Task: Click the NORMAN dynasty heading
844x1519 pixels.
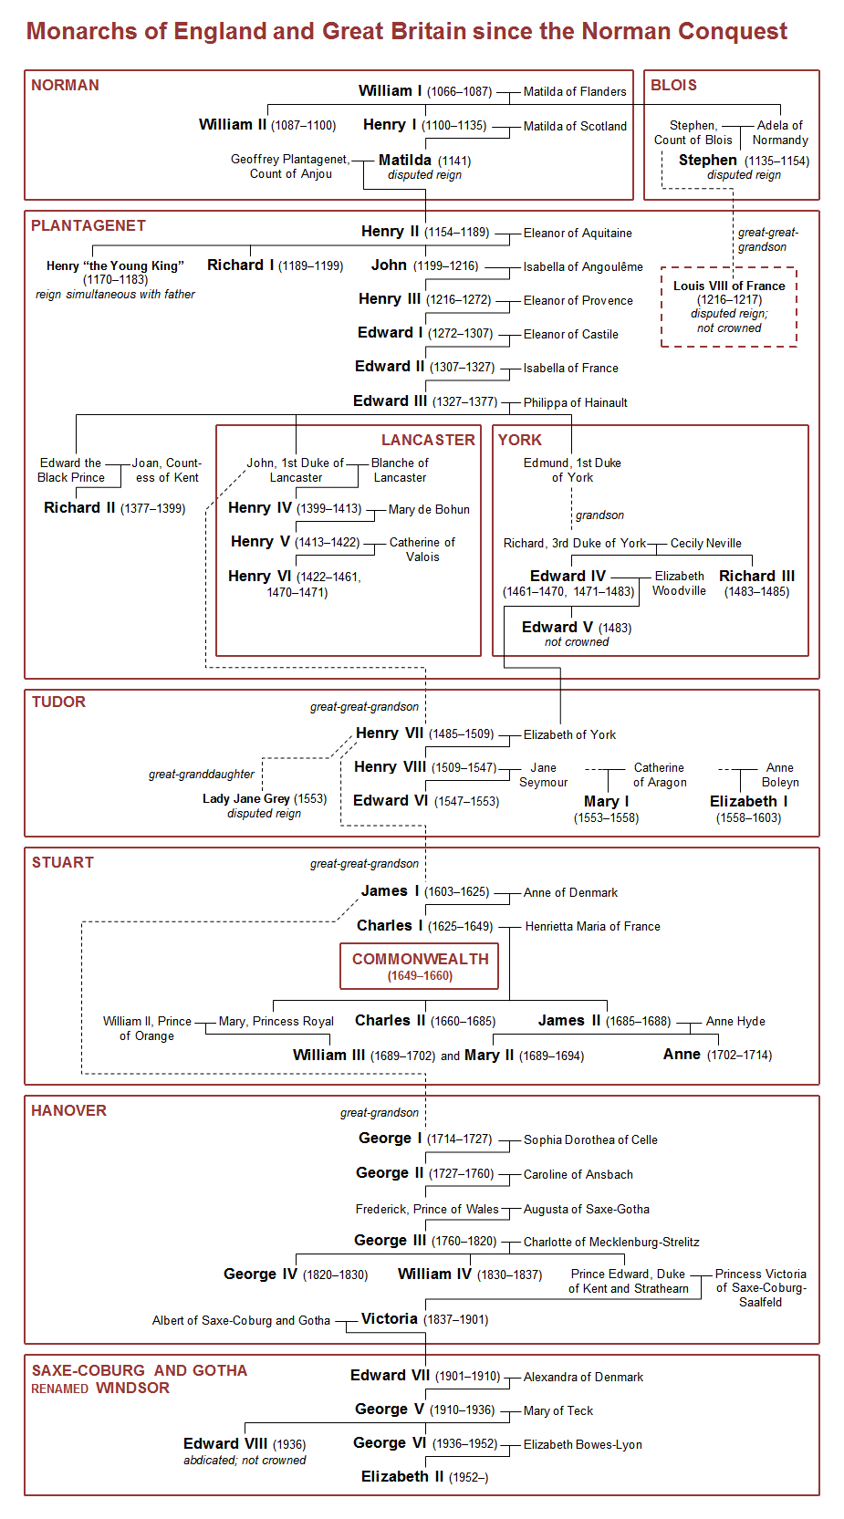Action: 65,85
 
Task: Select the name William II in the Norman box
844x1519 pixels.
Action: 233,125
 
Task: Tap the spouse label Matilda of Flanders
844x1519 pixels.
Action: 575,91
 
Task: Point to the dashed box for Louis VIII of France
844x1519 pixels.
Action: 728,307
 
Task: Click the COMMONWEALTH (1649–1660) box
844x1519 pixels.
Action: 420,966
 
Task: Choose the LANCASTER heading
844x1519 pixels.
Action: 428,440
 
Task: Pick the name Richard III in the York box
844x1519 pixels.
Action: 756,576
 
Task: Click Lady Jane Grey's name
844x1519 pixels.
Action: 245,798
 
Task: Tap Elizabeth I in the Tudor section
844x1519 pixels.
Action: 748,801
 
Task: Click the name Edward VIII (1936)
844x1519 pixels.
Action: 225,1443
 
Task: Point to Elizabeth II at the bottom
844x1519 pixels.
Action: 402,1476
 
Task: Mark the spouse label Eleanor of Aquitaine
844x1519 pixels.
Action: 578,233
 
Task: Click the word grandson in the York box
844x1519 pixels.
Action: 599,515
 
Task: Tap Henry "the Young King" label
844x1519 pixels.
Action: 115,265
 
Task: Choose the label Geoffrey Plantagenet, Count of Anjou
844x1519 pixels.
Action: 290,166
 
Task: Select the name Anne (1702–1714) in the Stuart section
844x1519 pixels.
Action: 682,1054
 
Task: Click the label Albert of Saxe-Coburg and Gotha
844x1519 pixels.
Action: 241,1320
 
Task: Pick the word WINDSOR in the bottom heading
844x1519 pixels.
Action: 132,1388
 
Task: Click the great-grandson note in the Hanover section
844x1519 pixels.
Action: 379,1112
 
